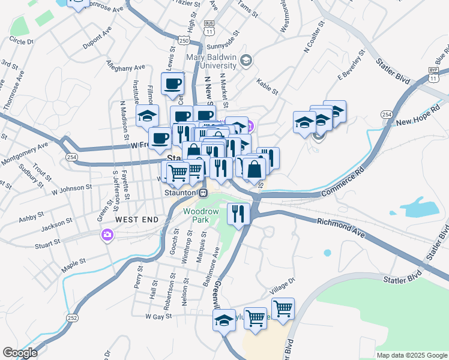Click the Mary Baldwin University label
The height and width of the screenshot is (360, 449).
(x=210, y=60)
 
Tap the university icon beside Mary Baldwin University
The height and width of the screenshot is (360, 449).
(x=246, y=60)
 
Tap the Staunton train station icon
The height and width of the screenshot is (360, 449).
(x=203, y=193)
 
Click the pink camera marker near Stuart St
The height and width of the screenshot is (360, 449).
(x=107, y=235)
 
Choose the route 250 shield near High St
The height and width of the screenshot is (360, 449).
(x=184, y=40)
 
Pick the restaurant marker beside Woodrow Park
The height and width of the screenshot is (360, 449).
(x=238, y=214)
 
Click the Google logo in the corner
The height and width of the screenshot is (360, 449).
(x=20, y=352)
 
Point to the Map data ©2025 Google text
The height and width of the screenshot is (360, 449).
(x=412, y=355)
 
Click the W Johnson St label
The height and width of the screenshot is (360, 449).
(x=71, y=190)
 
